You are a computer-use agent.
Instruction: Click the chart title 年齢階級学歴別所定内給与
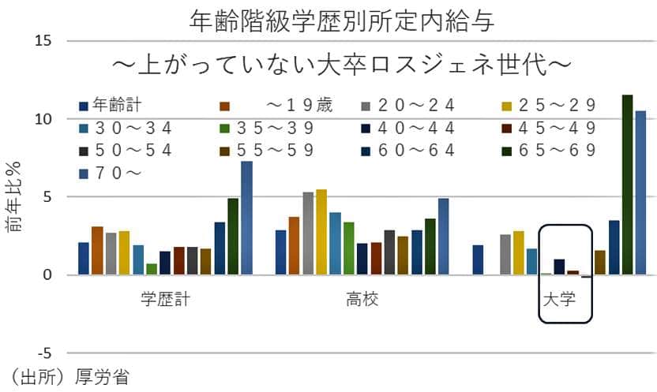tap(343, 21)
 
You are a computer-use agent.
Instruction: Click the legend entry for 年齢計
tap(115, 105)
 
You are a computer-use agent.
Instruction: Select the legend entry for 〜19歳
tap(268, 105)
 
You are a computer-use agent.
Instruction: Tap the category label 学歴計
tap(163, 300)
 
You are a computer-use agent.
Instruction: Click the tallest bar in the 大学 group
tap(627, 185)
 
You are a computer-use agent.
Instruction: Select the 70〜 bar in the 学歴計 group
tap(246, 218)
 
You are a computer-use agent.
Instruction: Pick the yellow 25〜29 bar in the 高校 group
tap(321, 233)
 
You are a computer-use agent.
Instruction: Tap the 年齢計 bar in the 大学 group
tap(478, 260)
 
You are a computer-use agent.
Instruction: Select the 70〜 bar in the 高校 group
tap(443, 237)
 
